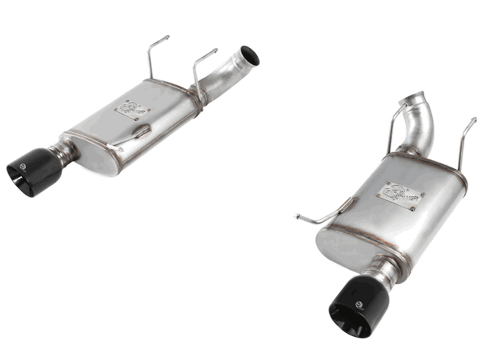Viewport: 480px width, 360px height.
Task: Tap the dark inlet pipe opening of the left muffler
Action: (250, 56)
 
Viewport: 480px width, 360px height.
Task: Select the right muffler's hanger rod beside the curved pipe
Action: (394, 126)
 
